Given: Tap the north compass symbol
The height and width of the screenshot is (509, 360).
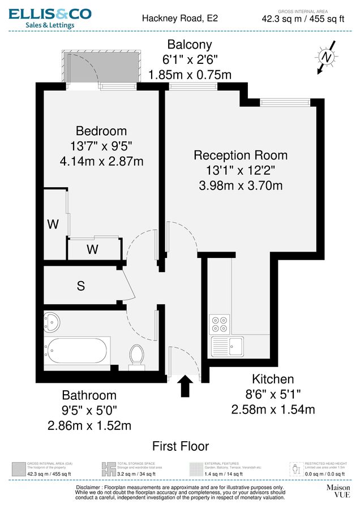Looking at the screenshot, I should point(326,57).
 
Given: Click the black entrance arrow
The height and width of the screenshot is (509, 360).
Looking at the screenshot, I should point(185,388).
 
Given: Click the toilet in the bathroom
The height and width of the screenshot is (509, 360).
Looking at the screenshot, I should point(136,355).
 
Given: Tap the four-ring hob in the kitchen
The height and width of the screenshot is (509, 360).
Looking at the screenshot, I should point(219,324).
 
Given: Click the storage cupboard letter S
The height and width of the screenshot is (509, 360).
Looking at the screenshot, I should point(81,286).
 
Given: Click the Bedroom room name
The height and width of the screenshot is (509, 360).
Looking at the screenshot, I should point(101,132).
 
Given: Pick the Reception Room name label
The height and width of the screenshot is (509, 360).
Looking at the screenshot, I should point(241,155).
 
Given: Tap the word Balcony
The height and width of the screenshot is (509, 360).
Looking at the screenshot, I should point(190,45).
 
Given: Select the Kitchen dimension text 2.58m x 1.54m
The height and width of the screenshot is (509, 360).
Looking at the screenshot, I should point(273,409).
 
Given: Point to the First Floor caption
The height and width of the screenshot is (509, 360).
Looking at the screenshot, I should point(181,446).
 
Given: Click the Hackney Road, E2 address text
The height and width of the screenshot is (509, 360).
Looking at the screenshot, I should point(179,18).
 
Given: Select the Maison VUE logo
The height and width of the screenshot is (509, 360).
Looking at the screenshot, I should point(338,490).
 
